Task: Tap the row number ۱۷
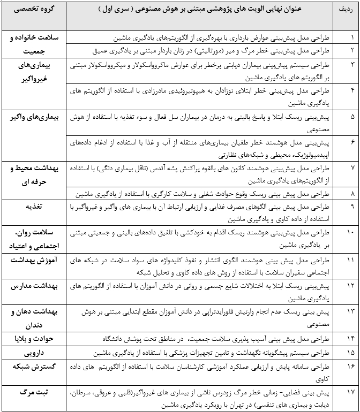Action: point(351,392)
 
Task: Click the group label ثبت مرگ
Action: point(33,392)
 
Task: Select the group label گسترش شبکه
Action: point(33,367)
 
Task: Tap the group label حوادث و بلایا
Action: point(33,339)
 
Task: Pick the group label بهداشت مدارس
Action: point(33,285)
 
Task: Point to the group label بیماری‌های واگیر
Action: point(33,117)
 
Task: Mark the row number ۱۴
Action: point(351,339)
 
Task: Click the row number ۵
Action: point(351,117)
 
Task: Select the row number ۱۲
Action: point(351,285)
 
